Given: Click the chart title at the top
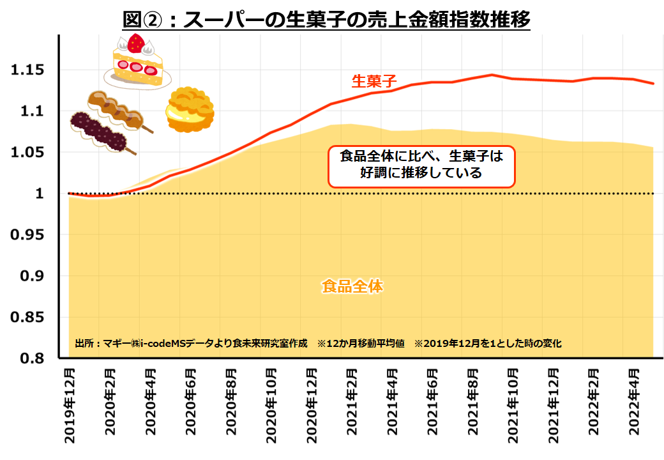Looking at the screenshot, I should point(326,19).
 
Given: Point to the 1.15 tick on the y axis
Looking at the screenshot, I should point(31,70).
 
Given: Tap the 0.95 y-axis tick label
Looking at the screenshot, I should point(31,235).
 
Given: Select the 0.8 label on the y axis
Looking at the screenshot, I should point(35,358).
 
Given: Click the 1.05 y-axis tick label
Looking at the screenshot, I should point(31,153).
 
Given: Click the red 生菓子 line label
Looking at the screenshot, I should point(374,81).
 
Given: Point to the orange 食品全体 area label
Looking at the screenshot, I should point(352,286).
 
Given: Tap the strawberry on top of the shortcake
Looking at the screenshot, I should point(135,43).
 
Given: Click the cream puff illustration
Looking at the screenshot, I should point(190,110).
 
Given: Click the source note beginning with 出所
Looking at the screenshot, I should point(191,343).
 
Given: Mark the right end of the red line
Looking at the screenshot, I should point(653,84).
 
